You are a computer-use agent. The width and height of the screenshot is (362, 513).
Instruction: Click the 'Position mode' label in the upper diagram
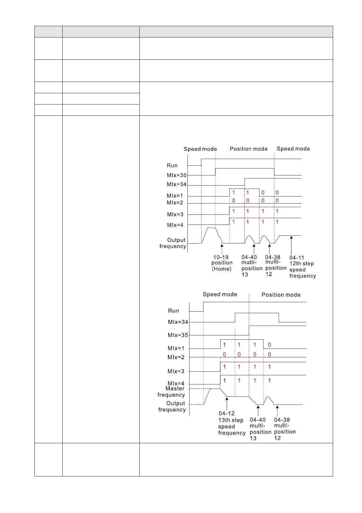(249, 149)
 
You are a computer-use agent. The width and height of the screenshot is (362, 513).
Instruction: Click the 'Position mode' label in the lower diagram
(281, 295)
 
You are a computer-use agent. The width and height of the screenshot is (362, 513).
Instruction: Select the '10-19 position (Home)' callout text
(222, 263)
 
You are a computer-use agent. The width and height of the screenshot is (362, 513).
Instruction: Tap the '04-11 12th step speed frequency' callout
(302, 267)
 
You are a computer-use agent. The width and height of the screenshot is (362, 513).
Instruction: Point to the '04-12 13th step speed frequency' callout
(231, 423)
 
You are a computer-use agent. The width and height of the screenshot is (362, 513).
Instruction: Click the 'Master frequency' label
(171, 392)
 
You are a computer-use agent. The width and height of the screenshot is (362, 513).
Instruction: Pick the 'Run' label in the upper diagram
(172, 165)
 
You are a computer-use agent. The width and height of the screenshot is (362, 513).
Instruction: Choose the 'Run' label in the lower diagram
(174, 311)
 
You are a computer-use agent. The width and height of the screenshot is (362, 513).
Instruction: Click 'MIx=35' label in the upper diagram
(177, 175)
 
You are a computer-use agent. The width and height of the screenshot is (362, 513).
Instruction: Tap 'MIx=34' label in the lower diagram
(178, 322)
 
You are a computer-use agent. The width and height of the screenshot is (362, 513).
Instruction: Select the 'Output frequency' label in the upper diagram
(173, 243)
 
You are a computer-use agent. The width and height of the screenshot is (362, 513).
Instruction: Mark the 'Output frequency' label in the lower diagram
(172, 406)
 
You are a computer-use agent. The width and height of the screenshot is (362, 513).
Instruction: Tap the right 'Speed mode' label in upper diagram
(293, 149)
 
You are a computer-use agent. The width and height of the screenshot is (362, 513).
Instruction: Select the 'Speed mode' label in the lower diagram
(220, 294)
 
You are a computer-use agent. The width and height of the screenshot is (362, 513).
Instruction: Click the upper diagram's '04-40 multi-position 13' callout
(252, 266)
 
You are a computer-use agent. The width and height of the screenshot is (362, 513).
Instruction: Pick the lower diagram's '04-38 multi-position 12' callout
(284, 429)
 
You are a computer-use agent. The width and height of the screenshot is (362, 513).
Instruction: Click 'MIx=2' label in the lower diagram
(176, 357)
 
